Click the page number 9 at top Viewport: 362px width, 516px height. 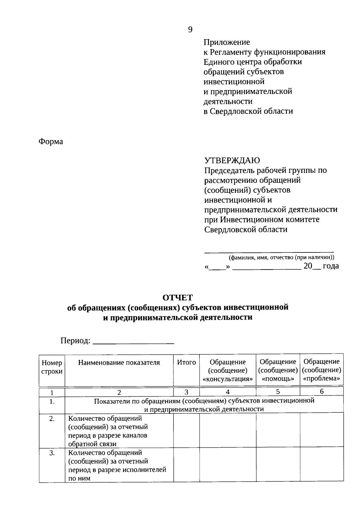pyautogui.click(x=190, y=30)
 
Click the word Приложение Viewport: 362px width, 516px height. pyautogui.click(x=227, y=42)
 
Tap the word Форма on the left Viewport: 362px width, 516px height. pyautogui.click(x=51, y=142)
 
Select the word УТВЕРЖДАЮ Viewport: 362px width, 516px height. pyautogui.click(x=232, y=160)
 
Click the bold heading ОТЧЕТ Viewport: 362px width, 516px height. pyautogui.click(x=177, y=298)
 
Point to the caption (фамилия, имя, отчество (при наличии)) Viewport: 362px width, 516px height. pyautogui.click(x=281, y=258)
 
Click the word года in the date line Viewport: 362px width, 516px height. pyautogui.click(x=331, y=266)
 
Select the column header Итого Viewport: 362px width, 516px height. pyautogui.click(x=186, y=362)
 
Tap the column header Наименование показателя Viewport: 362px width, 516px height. pyautogui.click(x=119, y=362)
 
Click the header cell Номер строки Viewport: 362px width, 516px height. pyautogui.click(x=52, y=367)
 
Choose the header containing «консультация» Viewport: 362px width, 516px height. pyautogui.click(x=228, y=371)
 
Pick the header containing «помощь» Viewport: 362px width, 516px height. pyautogui.click(x=278, y=370)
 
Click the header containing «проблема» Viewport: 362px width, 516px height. pyautogui.click(x=322, y=370)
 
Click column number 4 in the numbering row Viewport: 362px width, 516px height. pyautogui.click(x=228, y=392)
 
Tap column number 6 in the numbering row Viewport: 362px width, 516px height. pyautogui.click(x=322, y=392)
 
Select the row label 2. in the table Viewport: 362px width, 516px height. pyautogui.click(x=52, y=419)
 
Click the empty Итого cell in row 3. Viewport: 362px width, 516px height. pyautogui.click(x=186, y=465)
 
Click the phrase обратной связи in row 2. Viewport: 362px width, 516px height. pyautogui.click(x=92, y=444)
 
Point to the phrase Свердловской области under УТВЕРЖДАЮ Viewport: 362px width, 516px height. pyautogui.click(x=246, y=230)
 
